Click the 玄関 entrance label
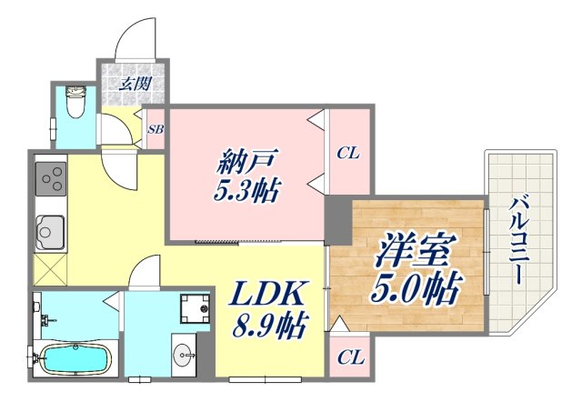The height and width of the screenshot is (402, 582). pos(133,85)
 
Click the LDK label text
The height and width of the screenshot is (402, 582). pos(269,295)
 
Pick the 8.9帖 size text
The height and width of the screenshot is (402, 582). pos(269,323)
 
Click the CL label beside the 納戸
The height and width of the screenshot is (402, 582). pos(348,153)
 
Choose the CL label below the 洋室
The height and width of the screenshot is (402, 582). pos(348,357)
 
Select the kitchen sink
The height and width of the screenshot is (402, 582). pos(48,232)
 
